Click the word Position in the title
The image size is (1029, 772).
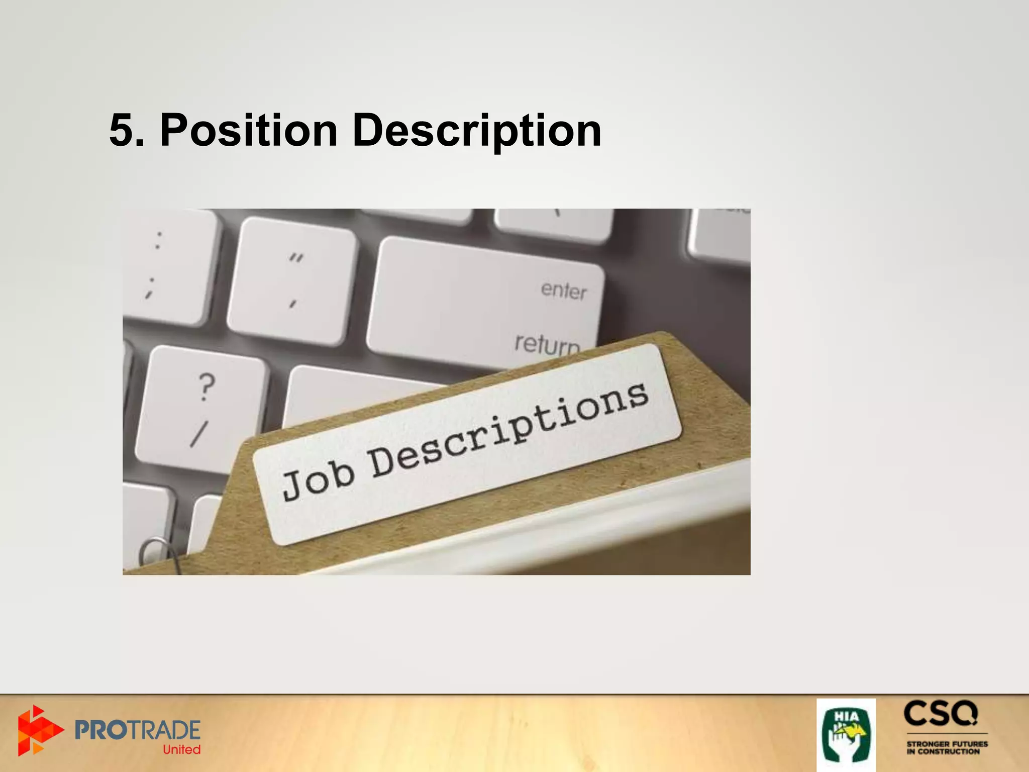tap(248, 131)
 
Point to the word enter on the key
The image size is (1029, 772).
tap(563, 291)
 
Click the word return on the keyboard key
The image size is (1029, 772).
tap(547, 344)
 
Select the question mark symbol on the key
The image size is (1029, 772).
tap(206, 387)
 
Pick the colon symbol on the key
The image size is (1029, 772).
tap(159, 240)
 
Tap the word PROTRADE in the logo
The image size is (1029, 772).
tap(137, 730)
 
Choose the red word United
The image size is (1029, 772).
tap(181, 749)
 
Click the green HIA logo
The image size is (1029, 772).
tap(846, 734)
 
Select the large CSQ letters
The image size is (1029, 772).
tap(941, 714)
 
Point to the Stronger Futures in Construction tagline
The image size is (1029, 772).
tap(947, 747)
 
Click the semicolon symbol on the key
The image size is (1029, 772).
tap(150, 288)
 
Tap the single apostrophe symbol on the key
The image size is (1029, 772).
tap(292, 304)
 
